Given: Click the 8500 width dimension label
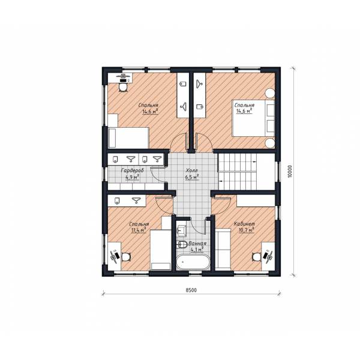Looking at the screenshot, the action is (x=191, y=290).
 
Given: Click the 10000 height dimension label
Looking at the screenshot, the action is (x=290, y=171).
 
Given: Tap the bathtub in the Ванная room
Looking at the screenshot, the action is (x=193, y=262).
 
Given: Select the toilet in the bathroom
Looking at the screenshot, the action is (x=182, y=244).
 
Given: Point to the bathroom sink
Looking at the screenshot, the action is (x=181, y=230).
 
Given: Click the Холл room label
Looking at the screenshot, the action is (x=191, y=170).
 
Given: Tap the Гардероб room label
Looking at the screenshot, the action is (x=132, y=171).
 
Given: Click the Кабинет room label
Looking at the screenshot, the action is (x=244, y=224).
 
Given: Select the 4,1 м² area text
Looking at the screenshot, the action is (x=197, y=249).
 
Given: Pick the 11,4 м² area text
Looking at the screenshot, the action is (x=138, y=230).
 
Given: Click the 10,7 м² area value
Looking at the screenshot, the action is (x=247, y=230).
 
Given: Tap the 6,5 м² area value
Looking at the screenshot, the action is (x=192, y=177).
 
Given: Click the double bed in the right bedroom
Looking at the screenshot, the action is (x=253, y=118).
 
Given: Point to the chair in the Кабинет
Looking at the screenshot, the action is (x=256, y=256).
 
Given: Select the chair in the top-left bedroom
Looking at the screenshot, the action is (x=123, y=88).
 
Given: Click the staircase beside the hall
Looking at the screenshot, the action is (x=246, y=172).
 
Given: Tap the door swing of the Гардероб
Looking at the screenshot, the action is (x=157, y=175).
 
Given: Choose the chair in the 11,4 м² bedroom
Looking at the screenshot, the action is (x=126, y=256).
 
